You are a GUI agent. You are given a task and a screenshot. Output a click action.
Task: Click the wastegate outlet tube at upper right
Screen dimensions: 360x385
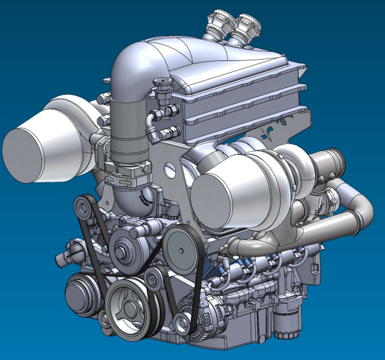pyautogui.click(x=329, y=163)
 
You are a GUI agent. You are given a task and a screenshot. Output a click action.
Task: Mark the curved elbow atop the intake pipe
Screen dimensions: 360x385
pyautogui.click(x=130, y=65)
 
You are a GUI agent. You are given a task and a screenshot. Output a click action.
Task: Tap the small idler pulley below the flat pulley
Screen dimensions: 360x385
pyautogui.click(x=155, y=279)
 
